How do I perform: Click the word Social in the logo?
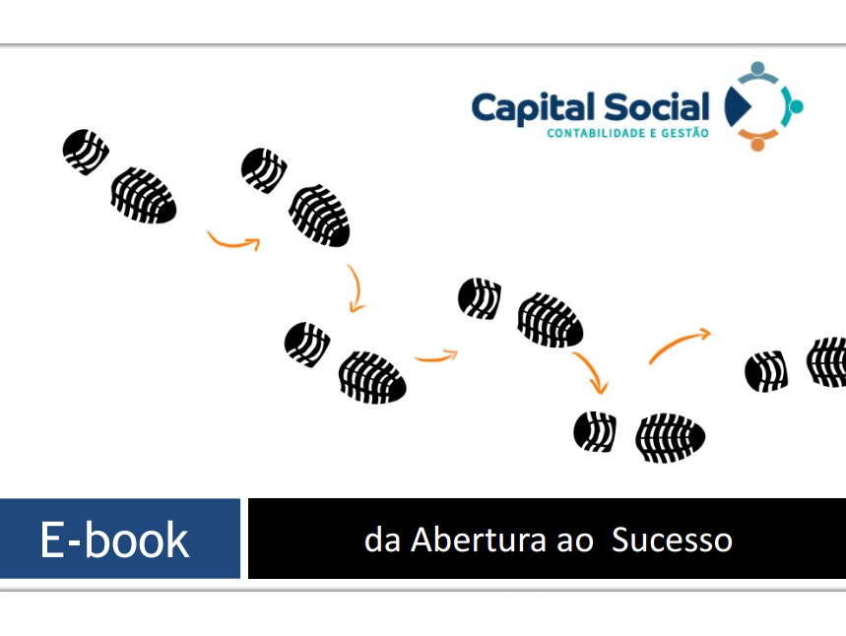pyautogui.click(x=657, y=106)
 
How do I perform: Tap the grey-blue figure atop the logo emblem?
pyautogui.click(x=758, y=72)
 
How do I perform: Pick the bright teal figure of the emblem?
pyautogui.click(x=792, y=106)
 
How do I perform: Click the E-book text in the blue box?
pyautogui.click(x=114, y=540)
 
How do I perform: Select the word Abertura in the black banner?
pyautogui.click(x=479, y=540)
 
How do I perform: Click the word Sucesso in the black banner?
pyautogui.click(x=672, y=540)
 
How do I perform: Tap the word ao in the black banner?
pyautogui.click(x=575, y=541)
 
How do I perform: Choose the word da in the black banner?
pyautogui.click(x=382, y=540)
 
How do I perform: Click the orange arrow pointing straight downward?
pyautogui.click(x=356, y=288)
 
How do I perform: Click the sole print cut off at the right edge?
pyautogui.click(x=826, y=361)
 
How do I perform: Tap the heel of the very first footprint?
pyautogui.click(x=86, y=152)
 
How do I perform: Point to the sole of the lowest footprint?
pyautogui.click(x=670, y=438)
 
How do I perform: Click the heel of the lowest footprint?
pyautogui.click(x=595, y=431)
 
